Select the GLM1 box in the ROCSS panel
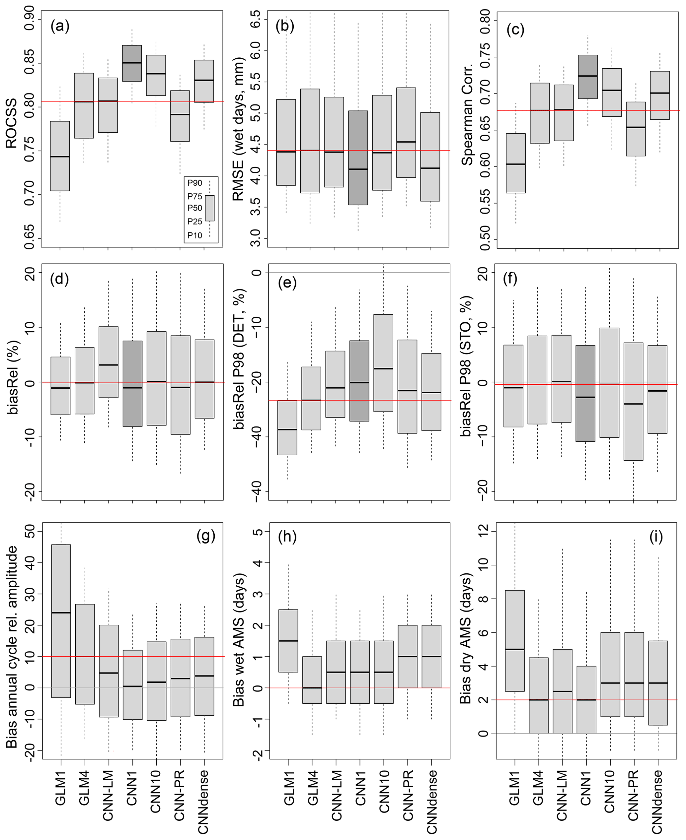60,156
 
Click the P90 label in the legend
194,183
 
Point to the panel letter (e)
287,283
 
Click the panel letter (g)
205,536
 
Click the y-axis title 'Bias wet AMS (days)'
239,640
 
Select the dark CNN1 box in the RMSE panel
358,158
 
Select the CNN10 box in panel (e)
383,363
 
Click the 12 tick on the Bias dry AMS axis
483,531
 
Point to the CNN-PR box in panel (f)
634,401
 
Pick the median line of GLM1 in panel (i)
515,649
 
